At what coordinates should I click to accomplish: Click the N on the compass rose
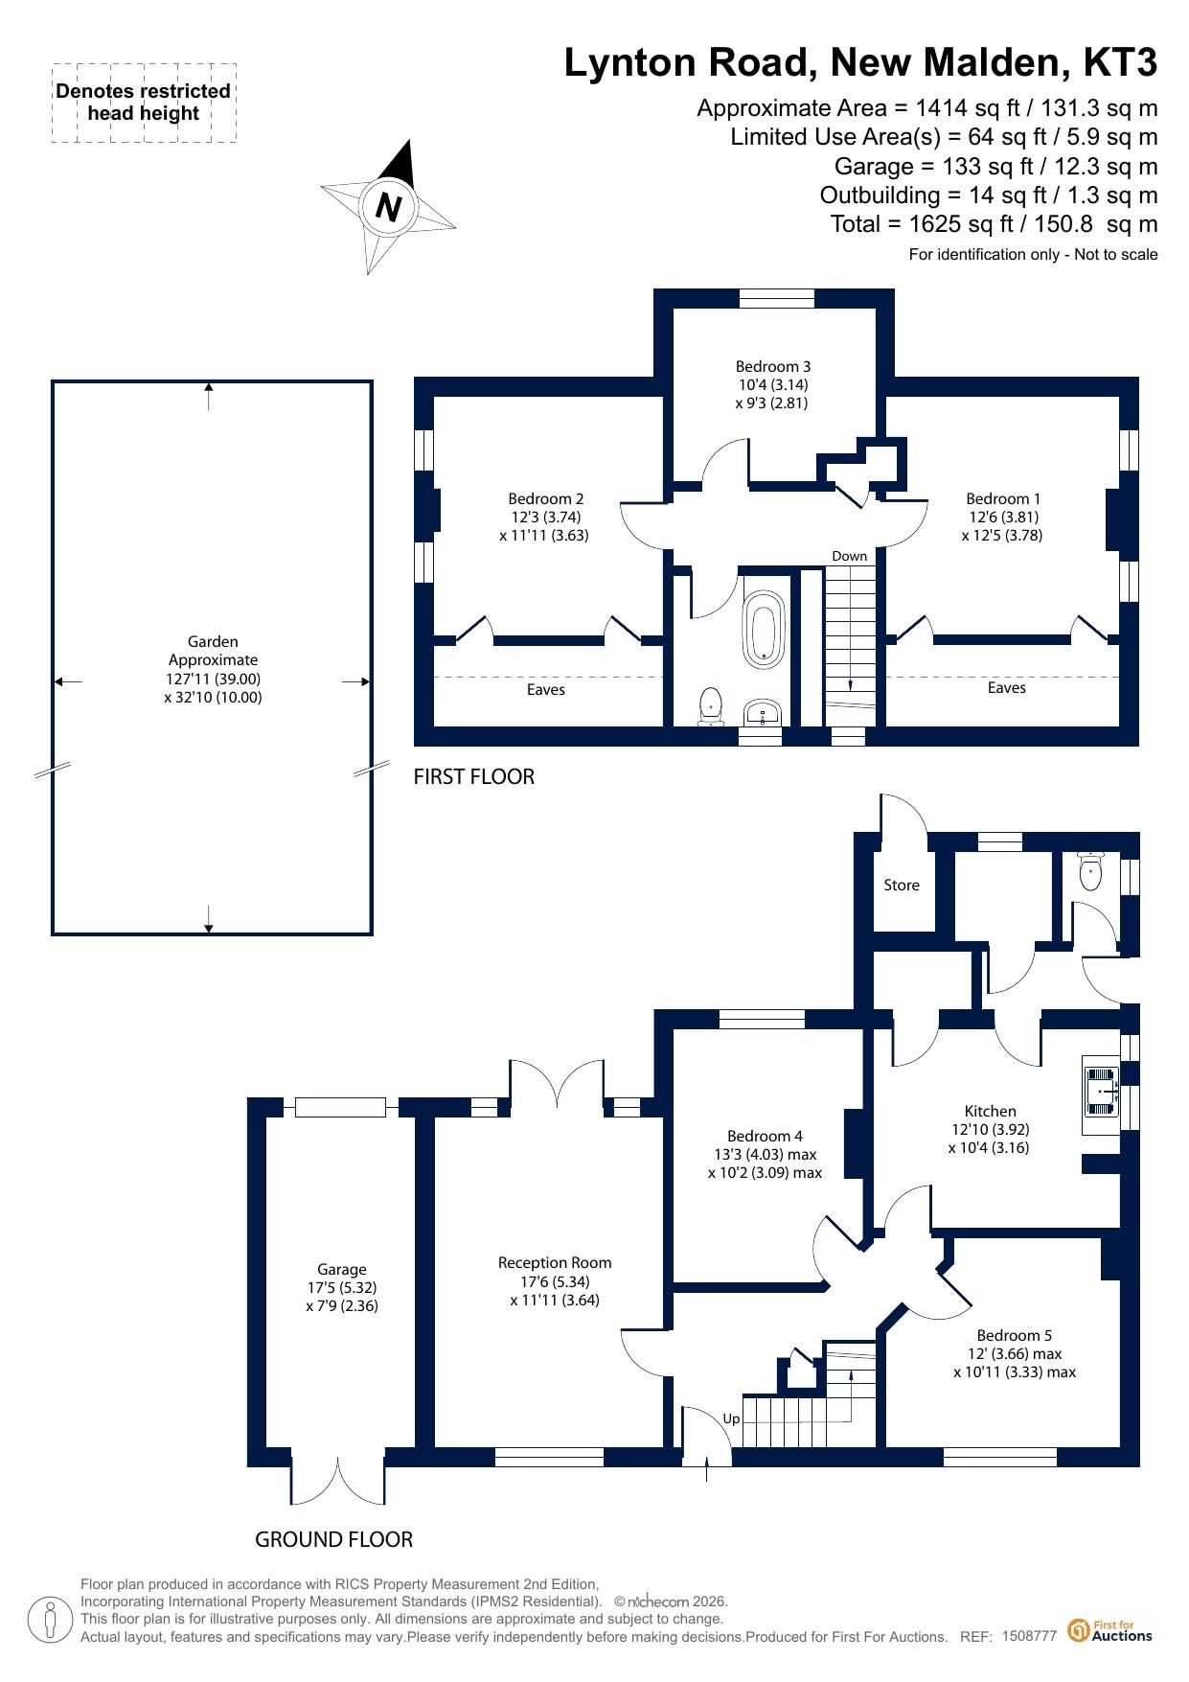click(388, 207)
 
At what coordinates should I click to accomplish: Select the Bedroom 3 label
click(773, 366)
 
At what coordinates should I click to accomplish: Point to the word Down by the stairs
click(850, 556)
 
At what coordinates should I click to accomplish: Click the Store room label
click(902, 886)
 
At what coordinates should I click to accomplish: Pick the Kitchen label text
click(991, 1112)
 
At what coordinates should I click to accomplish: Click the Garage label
click(342, 1270)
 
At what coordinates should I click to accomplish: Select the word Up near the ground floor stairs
click(731, 1419)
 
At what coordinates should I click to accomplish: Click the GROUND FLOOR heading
click(333, 1539)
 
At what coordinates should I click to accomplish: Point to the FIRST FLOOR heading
click(473, 776)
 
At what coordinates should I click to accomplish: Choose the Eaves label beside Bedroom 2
click(546, 690)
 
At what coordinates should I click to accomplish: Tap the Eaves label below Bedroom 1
click(1007, 688)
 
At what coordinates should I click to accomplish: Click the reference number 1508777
click(1029, 1636)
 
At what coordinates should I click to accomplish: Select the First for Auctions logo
click(1110, 1630)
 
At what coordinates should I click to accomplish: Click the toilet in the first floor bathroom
click(711, 706)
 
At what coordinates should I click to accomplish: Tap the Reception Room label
click(555, 1263)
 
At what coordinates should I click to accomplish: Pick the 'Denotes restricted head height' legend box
click(144, 103)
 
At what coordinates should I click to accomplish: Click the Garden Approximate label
click(213, 651)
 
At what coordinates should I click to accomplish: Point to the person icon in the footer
click(51, 1620)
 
